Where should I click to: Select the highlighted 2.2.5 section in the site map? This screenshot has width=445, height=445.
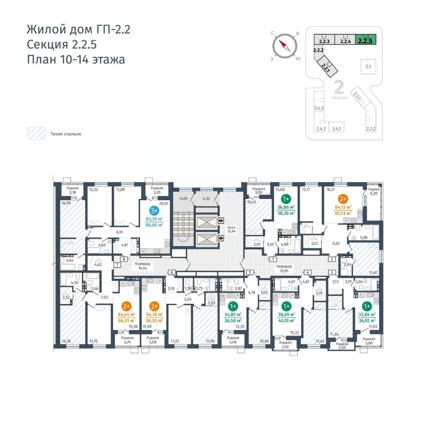coord(365,40)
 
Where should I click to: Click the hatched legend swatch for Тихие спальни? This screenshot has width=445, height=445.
coord(35,134)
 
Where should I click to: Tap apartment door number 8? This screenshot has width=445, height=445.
coord(124,260)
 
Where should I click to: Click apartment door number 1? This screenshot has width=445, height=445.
coord(273,260)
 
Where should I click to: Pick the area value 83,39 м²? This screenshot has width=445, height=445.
coord(154,219)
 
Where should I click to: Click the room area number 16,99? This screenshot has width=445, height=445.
coord(65,203)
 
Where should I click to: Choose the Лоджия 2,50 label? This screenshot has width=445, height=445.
coord(342,346)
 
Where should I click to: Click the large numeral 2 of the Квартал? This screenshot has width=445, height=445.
coord(338,87)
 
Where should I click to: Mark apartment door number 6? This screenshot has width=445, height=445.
coord(172,272)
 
